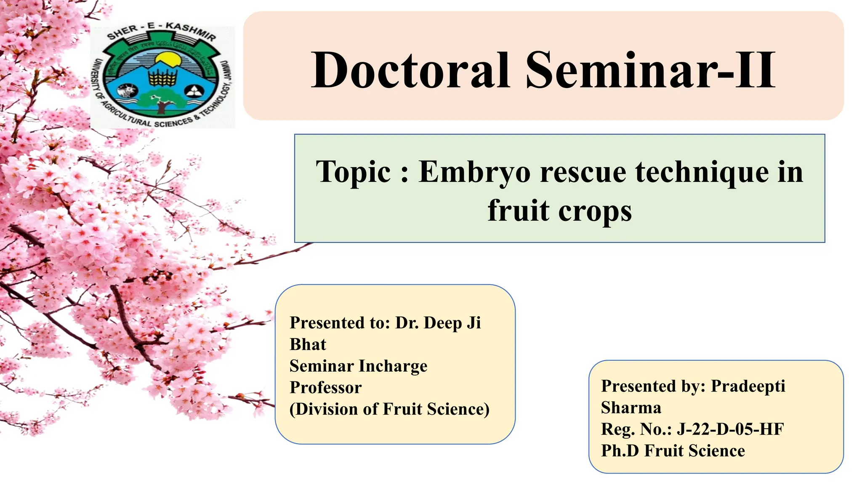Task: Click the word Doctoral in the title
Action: [x=410, y=71]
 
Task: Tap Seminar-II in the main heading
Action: [x=650, y=71]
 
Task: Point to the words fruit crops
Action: [x=559, y=211]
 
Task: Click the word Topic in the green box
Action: [x=354, y=173]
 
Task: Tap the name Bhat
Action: [x=308, y=344]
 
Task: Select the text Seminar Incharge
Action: [x=358, y=366]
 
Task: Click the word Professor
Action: [x=325, y=387]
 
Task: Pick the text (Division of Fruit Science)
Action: [x=389, y=409]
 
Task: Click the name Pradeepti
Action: [x=748, y=386]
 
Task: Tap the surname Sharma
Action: [x=631, y=408]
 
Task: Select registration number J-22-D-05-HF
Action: [x=730, y=429]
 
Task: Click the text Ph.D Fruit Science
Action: [x=673, y=451]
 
